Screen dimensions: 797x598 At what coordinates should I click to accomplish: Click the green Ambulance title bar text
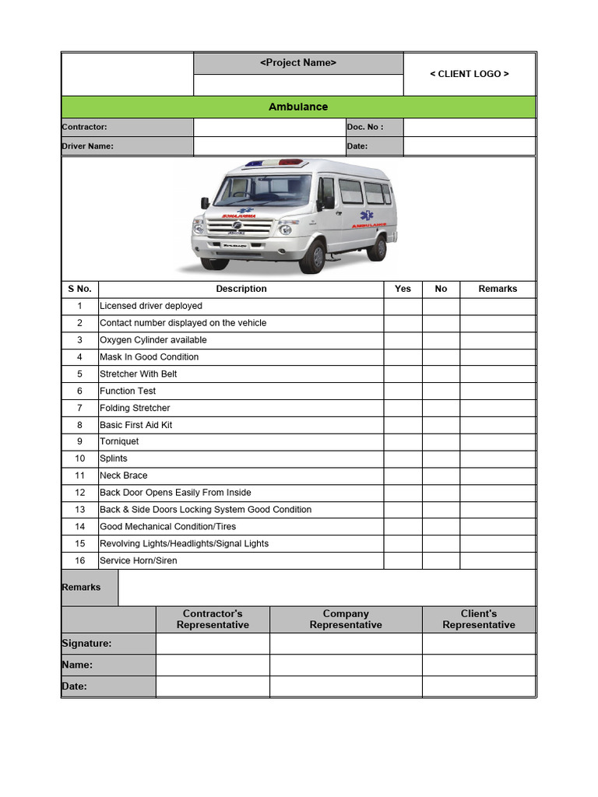tap(298, 107)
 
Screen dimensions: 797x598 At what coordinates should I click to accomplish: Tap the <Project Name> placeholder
tap(298, 63)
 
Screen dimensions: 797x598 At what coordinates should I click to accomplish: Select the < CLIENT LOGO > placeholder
tap(470, 74)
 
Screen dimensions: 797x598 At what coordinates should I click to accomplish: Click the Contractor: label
tap(85, 127)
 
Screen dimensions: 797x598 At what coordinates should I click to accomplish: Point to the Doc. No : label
tap(365, 127)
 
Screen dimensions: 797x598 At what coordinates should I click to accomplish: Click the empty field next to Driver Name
tap(269, 146)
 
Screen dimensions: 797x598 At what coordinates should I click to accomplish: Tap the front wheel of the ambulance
tap(312, 257)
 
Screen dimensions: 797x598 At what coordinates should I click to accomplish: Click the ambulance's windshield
tap(263, 190)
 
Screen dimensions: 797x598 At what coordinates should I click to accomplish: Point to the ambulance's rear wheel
tap(377, 247)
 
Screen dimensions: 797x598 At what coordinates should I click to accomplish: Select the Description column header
tap(241, 289)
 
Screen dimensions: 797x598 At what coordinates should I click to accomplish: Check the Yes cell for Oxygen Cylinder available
tap(403, 340)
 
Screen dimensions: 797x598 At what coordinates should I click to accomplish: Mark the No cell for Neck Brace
tap(441, 476)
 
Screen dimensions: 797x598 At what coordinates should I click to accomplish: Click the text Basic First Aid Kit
tap(136, 425)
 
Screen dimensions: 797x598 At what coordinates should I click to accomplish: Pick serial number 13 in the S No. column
tap(79, 510)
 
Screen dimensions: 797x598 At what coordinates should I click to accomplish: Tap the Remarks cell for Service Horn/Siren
tap(498, 560)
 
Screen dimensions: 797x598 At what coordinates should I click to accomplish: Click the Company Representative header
tap(346, 620)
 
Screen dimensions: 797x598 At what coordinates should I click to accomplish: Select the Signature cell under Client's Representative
tap(479, 644)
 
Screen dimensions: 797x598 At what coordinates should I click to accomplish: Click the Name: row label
tap(77, 665)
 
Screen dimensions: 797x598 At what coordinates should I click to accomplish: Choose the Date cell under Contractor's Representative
tap(213, 686)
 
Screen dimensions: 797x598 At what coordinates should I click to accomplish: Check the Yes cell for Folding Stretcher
tap(403, 408)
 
